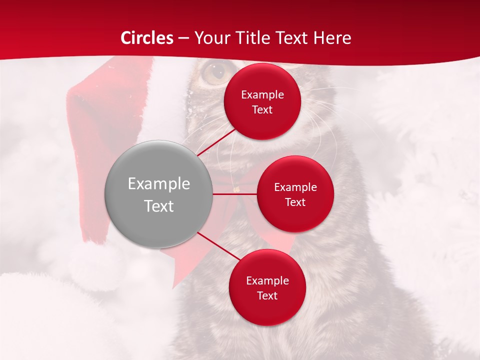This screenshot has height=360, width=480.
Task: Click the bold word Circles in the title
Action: click(x=147, y=38)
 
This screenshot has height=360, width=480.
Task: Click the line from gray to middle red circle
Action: click(x=234, y=194)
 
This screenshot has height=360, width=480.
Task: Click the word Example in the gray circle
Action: click(x=158, y=184)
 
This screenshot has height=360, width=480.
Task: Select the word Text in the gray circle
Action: click(x=158, y=206)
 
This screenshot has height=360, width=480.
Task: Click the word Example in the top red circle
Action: click(x=262, y=94)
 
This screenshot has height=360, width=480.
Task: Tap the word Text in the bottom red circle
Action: click(x=267, y=295)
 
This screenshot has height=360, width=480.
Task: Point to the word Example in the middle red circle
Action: click(x=295, y=187)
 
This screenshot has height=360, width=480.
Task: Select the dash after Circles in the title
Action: click(x=184, y=38)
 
